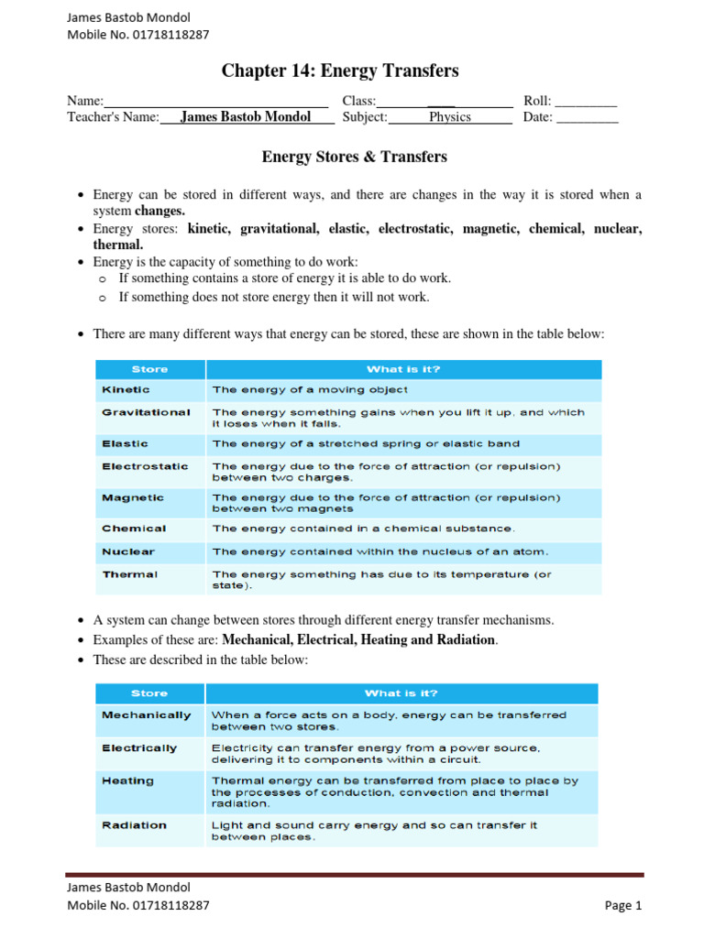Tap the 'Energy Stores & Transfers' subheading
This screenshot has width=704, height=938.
pos(354,157)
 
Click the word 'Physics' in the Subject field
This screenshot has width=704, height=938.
pos(449,117)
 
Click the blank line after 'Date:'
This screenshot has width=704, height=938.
pos(588,117)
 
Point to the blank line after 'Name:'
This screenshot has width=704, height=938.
pos(216,101)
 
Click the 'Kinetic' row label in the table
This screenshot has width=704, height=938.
pos(126,390)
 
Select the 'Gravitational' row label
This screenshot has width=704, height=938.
pos(146,412)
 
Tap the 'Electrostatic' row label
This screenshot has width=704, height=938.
pos(145,466)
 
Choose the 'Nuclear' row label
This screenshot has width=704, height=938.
pos(128,552)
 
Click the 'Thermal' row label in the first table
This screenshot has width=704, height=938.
pos(129,574)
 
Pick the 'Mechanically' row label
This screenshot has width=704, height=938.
pos(147,714)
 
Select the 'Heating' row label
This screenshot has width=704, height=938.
pos(128,781)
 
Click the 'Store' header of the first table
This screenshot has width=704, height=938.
pos(149,369)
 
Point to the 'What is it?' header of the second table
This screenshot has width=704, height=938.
pos(401,693)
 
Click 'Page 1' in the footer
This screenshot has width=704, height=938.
pos(623,905)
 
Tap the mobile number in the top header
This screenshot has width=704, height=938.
pos(138,35)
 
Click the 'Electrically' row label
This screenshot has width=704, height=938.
pos(139,748)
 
